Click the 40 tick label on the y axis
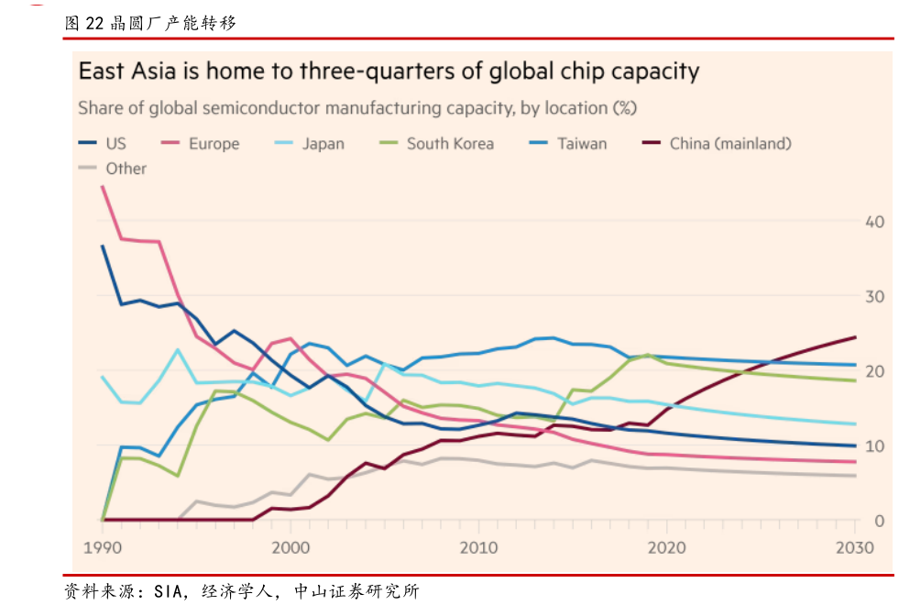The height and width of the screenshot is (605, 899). [874, 222]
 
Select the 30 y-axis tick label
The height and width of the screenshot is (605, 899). [874, 297]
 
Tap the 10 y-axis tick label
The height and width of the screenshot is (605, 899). [874, 446]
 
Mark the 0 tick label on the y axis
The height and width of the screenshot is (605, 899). [879, 521]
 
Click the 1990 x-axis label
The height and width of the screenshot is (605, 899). [102, 547]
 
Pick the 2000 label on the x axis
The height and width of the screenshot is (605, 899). [291, 547]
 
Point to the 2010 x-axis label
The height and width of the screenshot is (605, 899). [478, 547]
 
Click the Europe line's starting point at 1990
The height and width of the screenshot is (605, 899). [102, 187]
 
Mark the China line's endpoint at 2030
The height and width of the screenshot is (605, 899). [855, 337]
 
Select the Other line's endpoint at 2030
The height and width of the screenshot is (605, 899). [855, 476]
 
